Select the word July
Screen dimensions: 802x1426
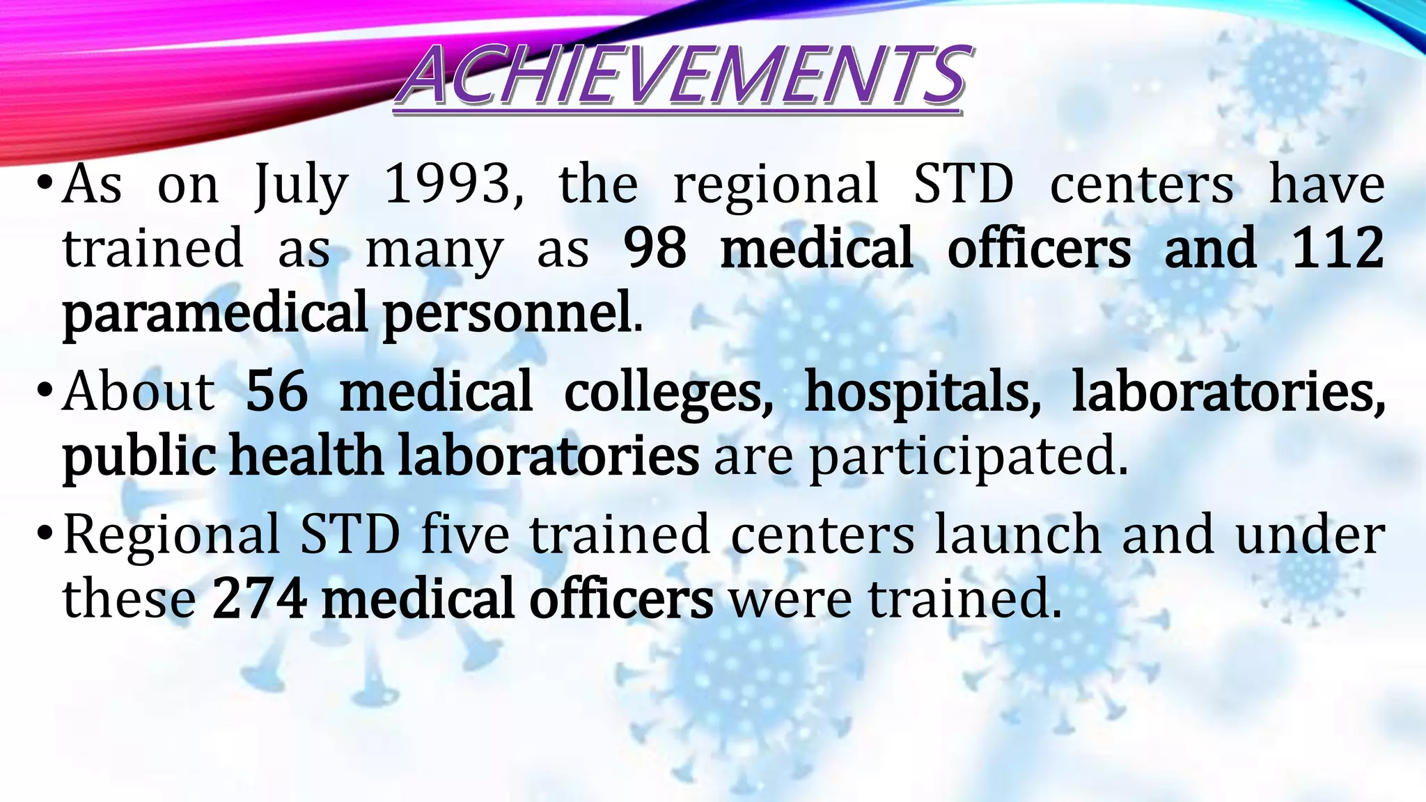pyautogui.click(x=301, y=187)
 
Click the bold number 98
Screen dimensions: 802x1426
pyautogui.click(x=655, y=249)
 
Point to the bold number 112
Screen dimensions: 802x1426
pyautogui.click(x=1337, y=249)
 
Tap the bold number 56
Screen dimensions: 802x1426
pyautogui.click(x=276, y=391)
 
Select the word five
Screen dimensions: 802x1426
pyautogui.click(x=465, y=535)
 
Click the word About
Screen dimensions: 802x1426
pyautogui.click(x=139, y=391)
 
